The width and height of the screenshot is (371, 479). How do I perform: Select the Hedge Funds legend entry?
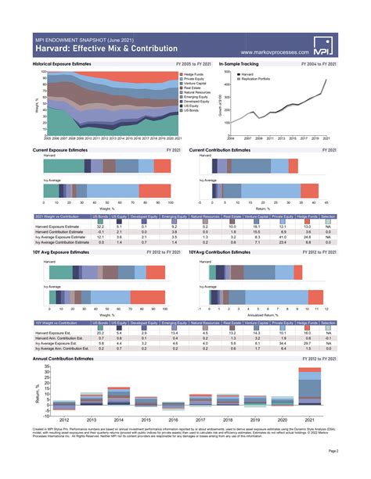click(x=195, y=73)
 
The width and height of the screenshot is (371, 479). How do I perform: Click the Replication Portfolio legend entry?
click(x=258, y=78)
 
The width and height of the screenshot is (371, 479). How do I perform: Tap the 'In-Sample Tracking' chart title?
click(x=240, y=63)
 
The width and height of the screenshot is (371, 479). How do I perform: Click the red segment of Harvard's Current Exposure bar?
click(x=161, y=165)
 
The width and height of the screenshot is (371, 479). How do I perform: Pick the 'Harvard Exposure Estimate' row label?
click(x=59, y=226)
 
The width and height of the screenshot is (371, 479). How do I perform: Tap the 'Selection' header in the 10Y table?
click(x=328, y=321)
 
